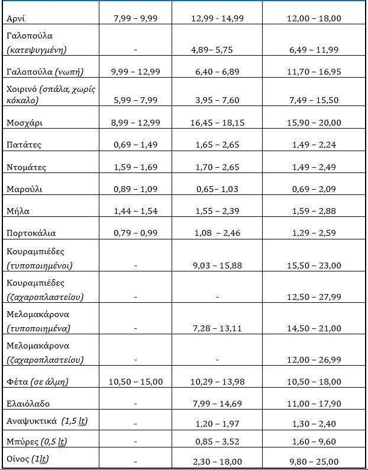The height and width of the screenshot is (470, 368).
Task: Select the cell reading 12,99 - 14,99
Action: point(217,18)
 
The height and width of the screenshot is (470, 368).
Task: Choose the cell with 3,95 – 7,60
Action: point(217,100)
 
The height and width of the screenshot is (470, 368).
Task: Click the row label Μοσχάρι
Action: point(24,123)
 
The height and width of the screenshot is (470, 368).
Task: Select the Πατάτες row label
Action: point(24,145)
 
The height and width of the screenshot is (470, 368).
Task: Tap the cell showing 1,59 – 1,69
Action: point(135,168)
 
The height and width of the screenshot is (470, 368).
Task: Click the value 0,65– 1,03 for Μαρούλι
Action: point(217,189)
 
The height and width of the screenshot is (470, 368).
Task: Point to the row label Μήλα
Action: point(18,211)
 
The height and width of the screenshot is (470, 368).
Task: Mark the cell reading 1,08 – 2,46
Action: point(217,233)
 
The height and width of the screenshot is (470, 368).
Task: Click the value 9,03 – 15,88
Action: point(217,266)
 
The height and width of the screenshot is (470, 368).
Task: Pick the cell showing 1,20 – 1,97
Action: point(217,424)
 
